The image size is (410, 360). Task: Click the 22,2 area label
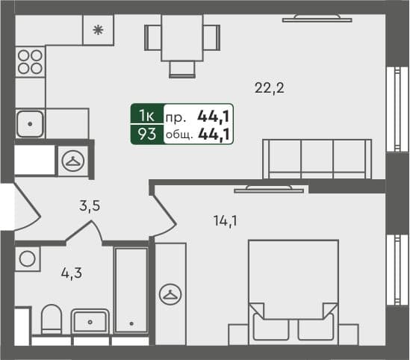(270, 88)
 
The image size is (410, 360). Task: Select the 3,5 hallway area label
(90, 207)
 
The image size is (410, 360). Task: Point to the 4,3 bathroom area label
(71, 273)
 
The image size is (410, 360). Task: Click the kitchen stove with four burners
(29, 61)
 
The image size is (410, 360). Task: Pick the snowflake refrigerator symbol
(98, 31)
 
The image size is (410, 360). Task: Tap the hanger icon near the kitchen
(73, 159)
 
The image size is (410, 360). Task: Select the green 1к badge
(146, 115)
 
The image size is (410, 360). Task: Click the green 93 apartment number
(146, 134)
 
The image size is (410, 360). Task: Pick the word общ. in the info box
(178, 135)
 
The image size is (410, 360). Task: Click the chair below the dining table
(182, 69)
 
